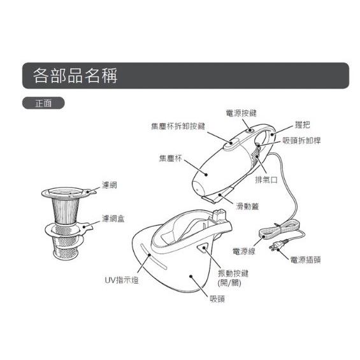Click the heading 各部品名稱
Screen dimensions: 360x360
(x=75, y=75)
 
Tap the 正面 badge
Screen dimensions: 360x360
(x=43, y=103)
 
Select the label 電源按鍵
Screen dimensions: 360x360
(x=241, y=113)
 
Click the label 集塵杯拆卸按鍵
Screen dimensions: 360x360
(x=178, y=126)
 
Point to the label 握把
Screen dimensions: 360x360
(x=303, y=125)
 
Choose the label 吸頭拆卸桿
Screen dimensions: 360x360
(x=301, y=140)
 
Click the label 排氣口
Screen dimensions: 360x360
(x=266, y=180)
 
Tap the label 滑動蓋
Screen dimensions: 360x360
(x=247, y=206)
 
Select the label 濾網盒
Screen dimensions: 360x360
(x=113, y=219)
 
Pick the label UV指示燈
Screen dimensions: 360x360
(x=122, y=280)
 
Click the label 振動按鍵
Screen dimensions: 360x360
(x=233, y=273)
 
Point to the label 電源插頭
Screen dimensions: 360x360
(x=305, y=260)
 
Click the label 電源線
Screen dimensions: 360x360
(x=244, y=251)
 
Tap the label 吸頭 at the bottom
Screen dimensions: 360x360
(x=217, y=299)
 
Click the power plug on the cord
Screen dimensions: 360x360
(x=278, y=245)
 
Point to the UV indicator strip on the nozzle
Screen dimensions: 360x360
(x=154, y=256)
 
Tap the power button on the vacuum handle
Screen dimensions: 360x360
(x=250, y=131)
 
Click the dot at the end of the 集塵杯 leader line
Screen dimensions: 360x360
(x=206, y=175)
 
